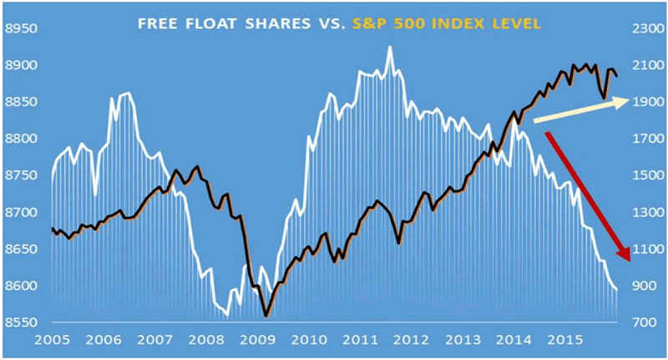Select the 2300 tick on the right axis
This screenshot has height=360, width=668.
[x=641, y=28]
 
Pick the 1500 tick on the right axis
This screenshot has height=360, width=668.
[x=641, y=175]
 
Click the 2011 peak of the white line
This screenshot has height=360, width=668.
[x=389, y=48]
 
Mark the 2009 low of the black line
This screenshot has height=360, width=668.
[x=266, y=316]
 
